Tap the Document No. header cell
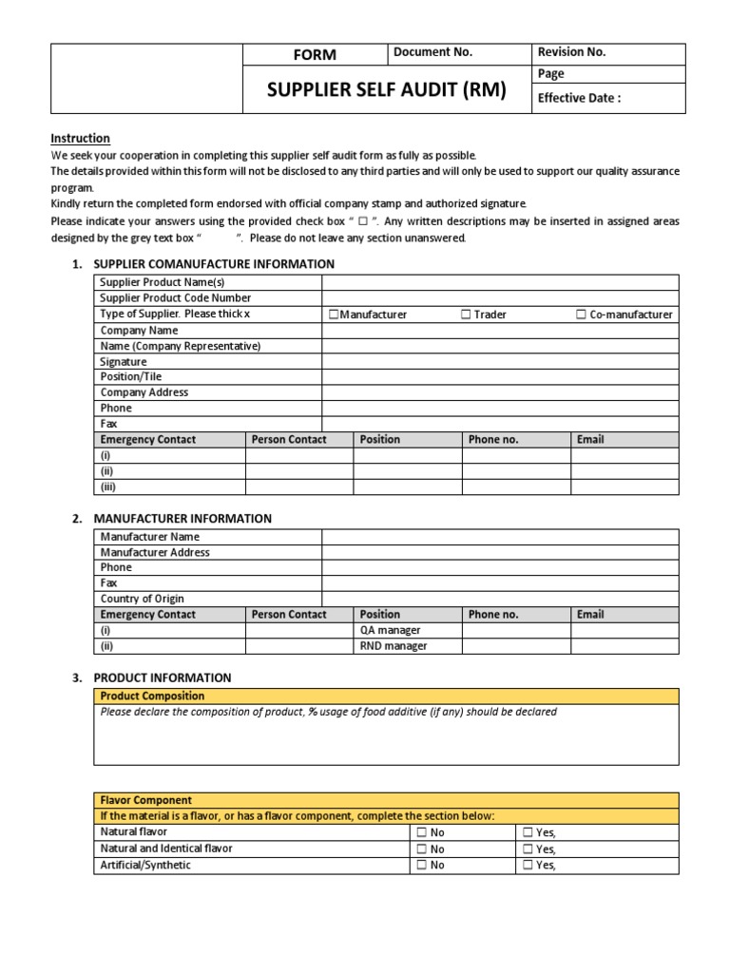point(432,53)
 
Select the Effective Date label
point(579,98)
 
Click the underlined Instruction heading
point(80,138)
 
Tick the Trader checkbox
point(466,315)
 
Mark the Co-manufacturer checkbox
point(581,315)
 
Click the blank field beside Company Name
point(500,331)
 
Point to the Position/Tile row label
point(131,377)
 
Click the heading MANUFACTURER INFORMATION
point(182,519)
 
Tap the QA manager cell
point(390,630)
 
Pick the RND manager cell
point(393,646)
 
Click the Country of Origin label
point(143,599)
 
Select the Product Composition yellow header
point(152,696)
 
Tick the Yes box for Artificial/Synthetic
point(528,866)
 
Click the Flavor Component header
point(146,800)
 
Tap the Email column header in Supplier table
point(590,439)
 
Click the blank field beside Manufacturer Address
point(500,552)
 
